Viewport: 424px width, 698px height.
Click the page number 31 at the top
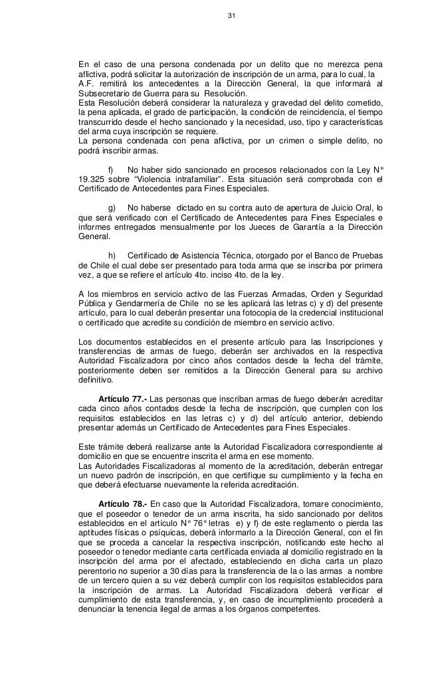pos(231,15)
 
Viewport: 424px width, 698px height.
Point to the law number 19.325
pos(92,178)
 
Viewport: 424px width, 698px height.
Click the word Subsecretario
pos(102,94)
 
